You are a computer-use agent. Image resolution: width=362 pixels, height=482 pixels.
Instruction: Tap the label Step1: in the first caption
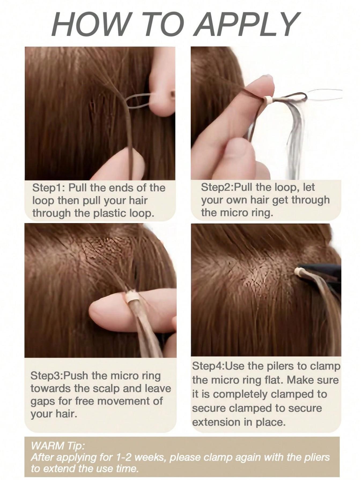(48, 188)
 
